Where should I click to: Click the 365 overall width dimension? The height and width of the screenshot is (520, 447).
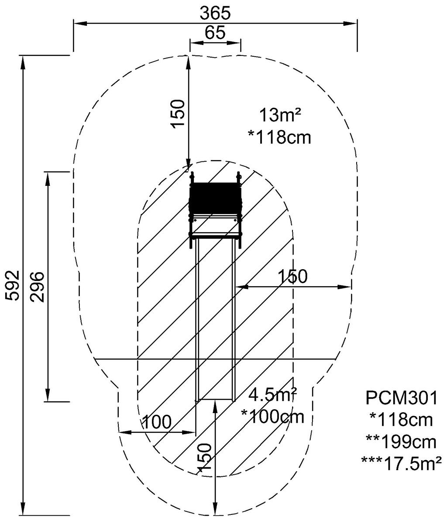click(215, 14)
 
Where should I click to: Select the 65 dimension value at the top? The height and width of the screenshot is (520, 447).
click(215, 33)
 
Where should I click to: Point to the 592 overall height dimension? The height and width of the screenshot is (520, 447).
click(13, 285)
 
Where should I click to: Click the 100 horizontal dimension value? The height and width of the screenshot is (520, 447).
click(157, 422)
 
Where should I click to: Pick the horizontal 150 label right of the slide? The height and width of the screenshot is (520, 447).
click(293, 276)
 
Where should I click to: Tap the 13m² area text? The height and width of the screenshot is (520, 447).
click(280, 116)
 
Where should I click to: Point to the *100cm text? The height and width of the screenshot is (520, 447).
click(272, 417)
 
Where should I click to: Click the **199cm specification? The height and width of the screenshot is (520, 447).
click(401, 442)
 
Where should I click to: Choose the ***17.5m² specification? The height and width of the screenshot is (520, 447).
click(401, 463)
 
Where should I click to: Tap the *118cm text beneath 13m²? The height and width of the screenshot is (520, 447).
click(279, 137)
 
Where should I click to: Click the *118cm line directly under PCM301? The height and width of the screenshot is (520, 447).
click(401, 420)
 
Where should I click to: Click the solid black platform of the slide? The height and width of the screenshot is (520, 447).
click(215, 198)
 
